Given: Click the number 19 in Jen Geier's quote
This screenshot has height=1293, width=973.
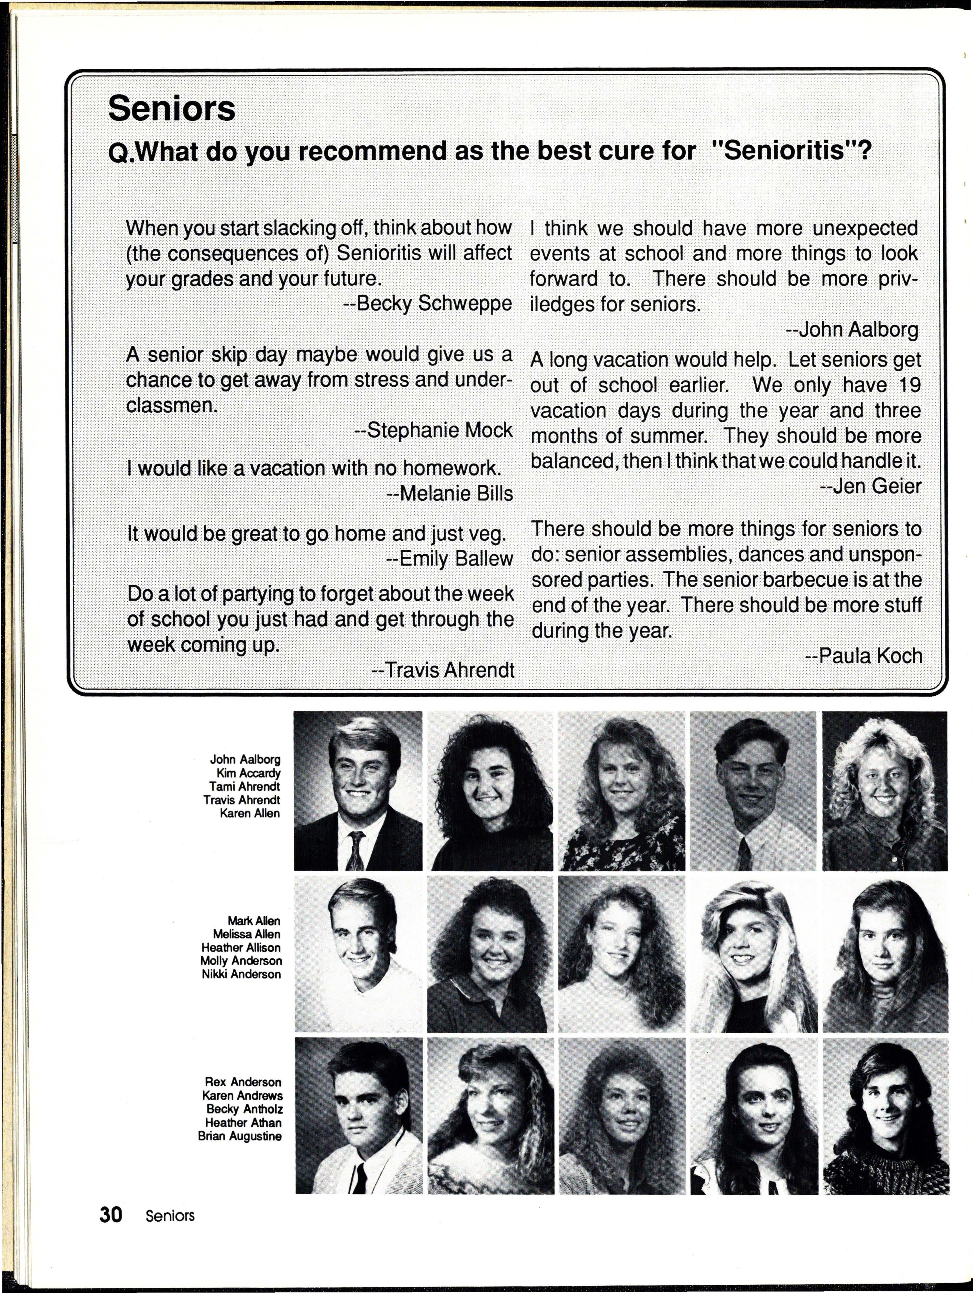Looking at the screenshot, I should [909, 385].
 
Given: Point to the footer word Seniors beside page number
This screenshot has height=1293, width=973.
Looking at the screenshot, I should [170, 1216].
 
